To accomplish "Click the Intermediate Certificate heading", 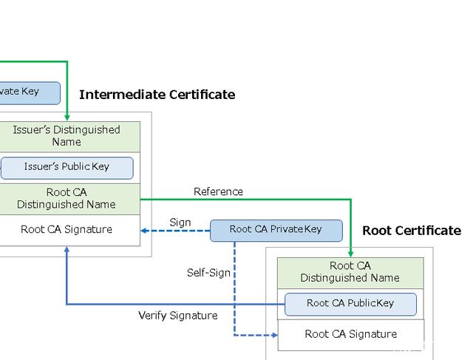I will click(157, 95).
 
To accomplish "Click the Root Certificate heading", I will click(411, 231).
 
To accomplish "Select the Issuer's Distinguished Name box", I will click(67, 136).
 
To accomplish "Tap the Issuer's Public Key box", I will click(67, 167).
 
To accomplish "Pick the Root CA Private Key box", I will click(276, 229).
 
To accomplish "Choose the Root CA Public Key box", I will click(350, 303).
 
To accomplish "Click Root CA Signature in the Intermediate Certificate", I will click(67, 229).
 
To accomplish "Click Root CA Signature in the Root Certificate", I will click(350, 334).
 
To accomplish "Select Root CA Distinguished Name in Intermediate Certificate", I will click(67, 198).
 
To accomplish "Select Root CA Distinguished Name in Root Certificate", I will click(350, 272).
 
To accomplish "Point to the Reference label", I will click(218, 191).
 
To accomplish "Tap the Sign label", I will click(180, 223).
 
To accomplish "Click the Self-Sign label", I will click(208, 272).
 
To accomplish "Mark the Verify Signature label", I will click(178, 316).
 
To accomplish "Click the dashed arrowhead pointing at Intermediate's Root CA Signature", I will click(146, 230).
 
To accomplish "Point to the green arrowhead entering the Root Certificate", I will click(350, 253).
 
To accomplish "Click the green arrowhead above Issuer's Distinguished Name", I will click(67, 117).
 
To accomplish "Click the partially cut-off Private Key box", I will click(30, 92).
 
